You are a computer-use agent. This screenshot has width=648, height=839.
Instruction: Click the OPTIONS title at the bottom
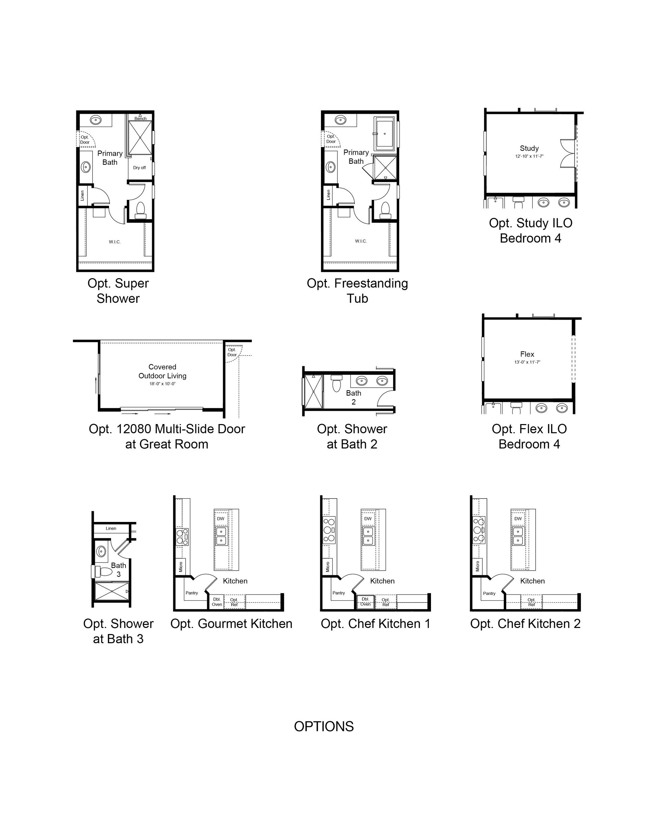pyautogui.click(x=324, y=727)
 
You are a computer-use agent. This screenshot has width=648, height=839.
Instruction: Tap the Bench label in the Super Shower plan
pyautogui.click(x=140, y=118)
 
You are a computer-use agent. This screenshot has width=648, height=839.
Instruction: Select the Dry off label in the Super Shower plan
pyautogui.click(x=139, y=167)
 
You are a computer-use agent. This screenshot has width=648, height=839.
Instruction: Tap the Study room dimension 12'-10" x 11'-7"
pyautogui.click(x=529, y=156)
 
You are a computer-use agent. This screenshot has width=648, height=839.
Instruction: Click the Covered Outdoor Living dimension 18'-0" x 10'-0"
pyautogui.click(x=162, y=384)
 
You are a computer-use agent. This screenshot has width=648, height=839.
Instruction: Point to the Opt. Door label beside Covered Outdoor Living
pyautogui.click(x=232, y=352)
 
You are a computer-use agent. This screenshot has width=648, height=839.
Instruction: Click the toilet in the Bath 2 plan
pyautogui.click(x=336, y=383)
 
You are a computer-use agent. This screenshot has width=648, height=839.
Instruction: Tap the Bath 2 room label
pyautogui.click(x=353, y=397)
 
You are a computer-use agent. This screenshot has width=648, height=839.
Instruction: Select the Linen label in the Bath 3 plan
pyautogui.click(x=111, y=528)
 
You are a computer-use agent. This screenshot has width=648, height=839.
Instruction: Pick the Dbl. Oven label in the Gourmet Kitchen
pyautogui.click(x=217, y=602)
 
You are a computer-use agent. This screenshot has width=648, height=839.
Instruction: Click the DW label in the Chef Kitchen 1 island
pyautogui.click(x=368, y=519)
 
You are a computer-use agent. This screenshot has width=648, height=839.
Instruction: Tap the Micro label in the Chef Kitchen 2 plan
pyautogui.click(x=478, y=566)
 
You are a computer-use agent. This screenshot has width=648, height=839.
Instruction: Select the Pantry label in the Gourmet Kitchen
pyautogui.click(x=192, y=593)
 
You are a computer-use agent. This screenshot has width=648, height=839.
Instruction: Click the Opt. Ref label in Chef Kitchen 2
pyautogui.click(x=532, y=602)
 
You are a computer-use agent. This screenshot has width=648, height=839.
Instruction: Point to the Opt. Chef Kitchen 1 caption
pyautogui.click(x=376, y=624)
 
